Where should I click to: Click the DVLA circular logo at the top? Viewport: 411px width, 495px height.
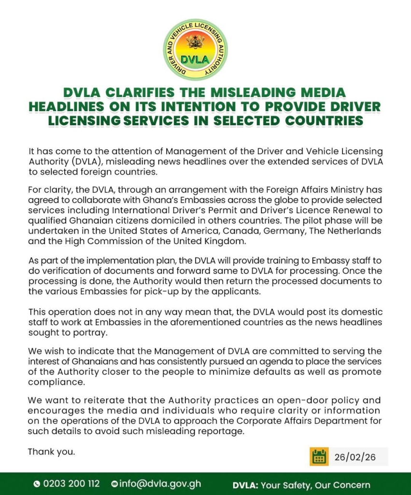point(195,50)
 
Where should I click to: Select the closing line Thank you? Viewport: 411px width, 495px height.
point(51,451)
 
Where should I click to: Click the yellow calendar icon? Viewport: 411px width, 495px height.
point(319,457)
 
